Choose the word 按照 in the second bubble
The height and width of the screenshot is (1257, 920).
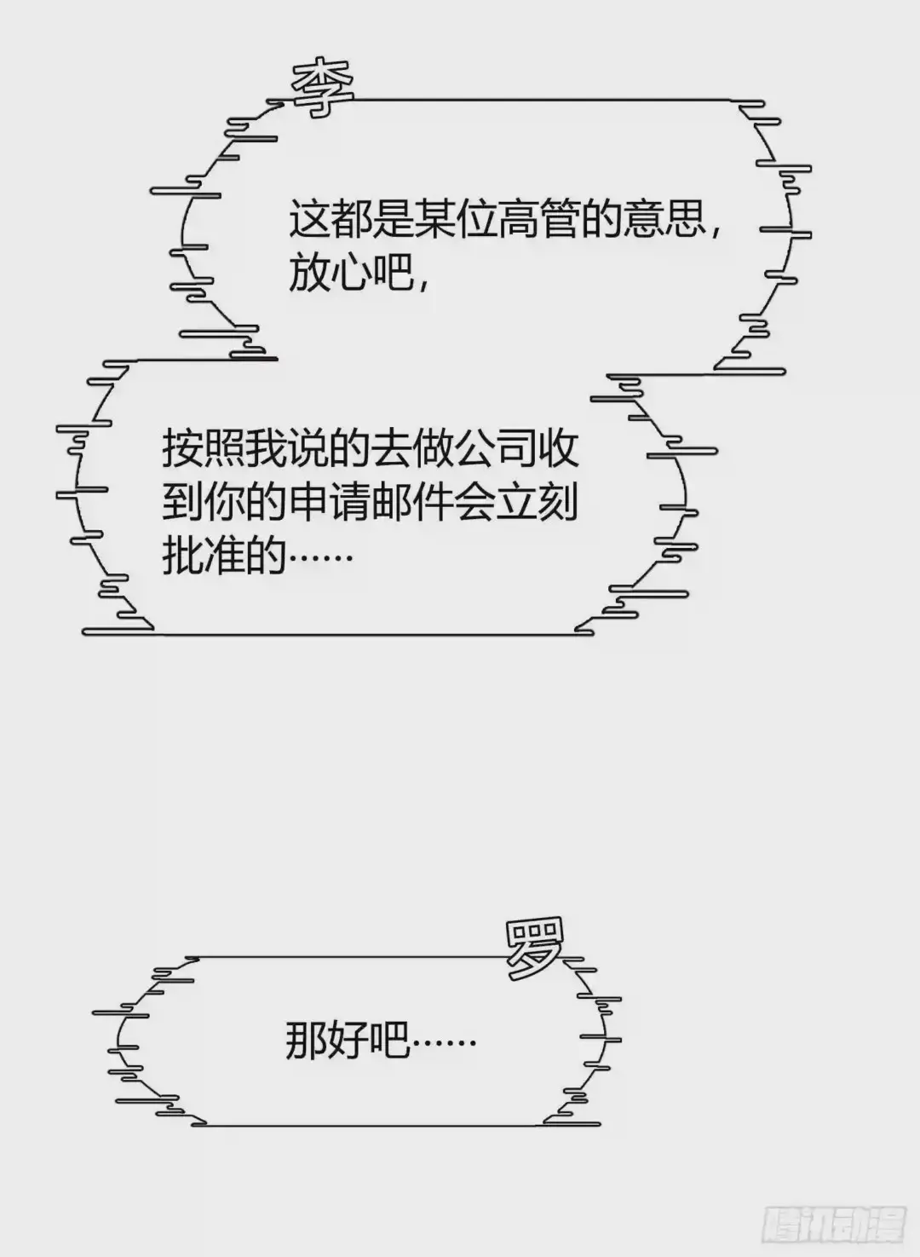[x=204, y=449]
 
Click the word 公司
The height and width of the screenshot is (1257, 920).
[x=495, y=449]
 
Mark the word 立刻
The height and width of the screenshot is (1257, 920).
[x=558, y=504]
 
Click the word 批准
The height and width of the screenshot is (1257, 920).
[x=204, y=558]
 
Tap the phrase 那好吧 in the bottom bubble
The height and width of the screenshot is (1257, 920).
[x=348, y=1041]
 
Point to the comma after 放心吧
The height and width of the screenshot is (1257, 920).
[x=423, y=281]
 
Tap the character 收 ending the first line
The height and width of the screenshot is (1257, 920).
[x=558, y=449]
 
